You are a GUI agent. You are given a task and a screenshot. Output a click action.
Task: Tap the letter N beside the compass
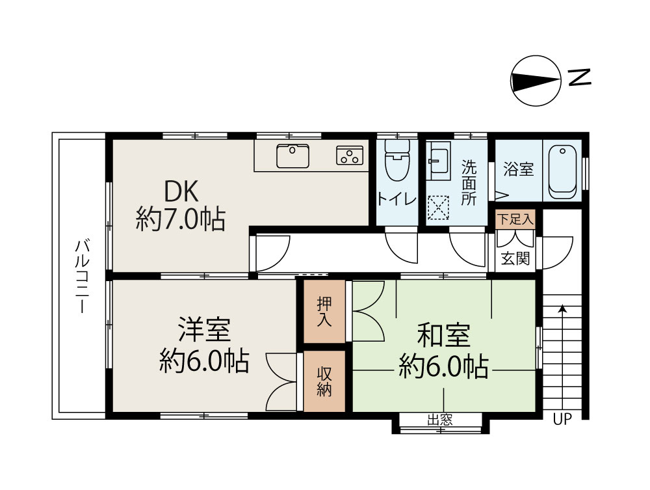(579, 77)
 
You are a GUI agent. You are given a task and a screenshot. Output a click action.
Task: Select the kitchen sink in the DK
(292, 156)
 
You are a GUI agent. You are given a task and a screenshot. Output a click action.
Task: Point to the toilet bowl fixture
(397, 163)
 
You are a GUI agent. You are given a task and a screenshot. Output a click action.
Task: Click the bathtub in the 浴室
(563, 171)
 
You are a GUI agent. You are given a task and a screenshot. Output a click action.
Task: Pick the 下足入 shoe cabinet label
(515, 219)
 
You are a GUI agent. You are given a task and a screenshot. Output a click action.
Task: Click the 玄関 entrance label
(515, 258)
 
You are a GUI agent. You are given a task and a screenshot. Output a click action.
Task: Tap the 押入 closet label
(325, 311)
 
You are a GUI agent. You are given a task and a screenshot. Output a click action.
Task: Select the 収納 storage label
(325, 381)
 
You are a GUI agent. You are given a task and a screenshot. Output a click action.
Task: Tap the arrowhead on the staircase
(562, 308)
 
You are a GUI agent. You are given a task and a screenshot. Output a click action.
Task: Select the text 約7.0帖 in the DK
(181, 219)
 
